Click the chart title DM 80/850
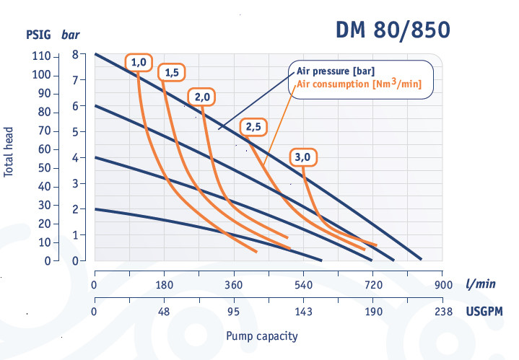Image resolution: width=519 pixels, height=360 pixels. [x=393, y=30]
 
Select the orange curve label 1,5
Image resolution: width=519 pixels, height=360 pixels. [x=172, y=72]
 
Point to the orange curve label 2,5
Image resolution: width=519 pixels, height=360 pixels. [x=254, y=127]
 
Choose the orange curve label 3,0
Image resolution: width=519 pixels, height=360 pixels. [x=303, y=157]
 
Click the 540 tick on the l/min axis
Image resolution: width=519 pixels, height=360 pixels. [x=303, y=284]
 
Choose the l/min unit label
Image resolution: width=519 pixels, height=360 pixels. [x=480, y=284]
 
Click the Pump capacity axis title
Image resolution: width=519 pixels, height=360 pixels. [x=261, y=336]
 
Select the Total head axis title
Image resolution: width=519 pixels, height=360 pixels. [x=9, y=151]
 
